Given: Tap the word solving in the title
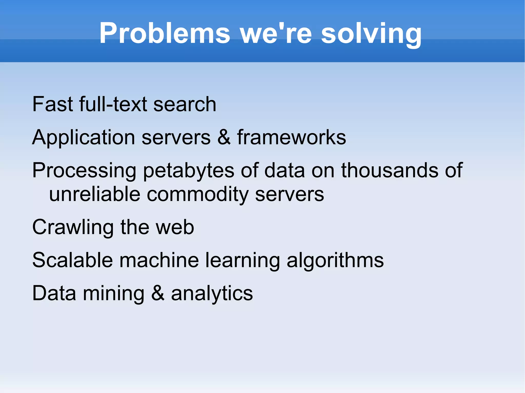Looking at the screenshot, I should [371, 33].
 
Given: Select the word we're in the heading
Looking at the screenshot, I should [276, 33].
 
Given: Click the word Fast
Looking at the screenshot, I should [53, 104].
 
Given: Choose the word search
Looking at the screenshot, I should [185, 104].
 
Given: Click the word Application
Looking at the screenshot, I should [84, 137].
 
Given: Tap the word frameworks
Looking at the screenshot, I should [291, 137].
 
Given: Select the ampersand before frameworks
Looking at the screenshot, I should [224, 137].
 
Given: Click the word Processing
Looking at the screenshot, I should [84, 171].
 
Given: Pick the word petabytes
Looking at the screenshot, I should [188, 171].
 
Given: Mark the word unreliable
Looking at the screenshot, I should [95, 194].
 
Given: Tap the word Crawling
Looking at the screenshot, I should [73, 227].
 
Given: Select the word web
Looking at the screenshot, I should [175, 227].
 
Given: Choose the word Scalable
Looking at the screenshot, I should [73, 260].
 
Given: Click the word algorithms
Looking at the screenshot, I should [335, 260].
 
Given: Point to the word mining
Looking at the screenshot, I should [114, 293].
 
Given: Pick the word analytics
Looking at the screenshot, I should [212, 293].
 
